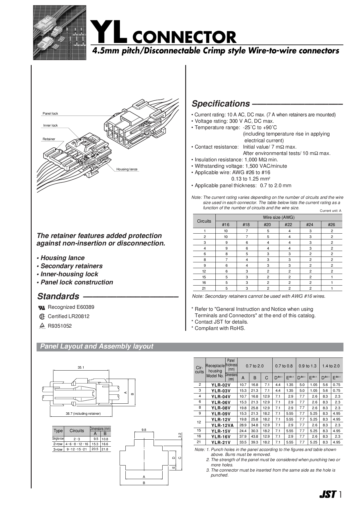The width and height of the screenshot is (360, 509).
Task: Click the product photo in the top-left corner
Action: coord(60,33)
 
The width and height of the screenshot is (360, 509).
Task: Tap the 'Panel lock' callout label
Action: coord(50,113)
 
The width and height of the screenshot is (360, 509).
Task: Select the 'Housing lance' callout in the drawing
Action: coord(127,169)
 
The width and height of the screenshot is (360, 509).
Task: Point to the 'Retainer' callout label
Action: coord(49,139)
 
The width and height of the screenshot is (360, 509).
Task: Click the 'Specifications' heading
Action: coord(221,104)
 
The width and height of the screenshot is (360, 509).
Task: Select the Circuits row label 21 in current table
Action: coord(204,288)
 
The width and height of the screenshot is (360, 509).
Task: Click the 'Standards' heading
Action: coord(58,296)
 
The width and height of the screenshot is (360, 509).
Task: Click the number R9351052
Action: coord(60,326)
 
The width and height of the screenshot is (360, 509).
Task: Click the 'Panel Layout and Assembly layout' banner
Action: coord(97,346)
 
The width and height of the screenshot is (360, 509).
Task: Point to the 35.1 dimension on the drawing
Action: coord(81,367)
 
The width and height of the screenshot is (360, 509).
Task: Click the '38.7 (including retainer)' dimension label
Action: coord(83,414)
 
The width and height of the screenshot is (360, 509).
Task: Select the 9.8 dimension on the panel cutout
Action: coord(144,430)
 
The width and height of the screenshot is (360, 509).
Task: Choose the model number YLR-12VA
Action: coord(221,425)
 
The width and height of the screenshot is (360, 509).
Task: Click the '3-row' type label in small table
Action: coord(58,450)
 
